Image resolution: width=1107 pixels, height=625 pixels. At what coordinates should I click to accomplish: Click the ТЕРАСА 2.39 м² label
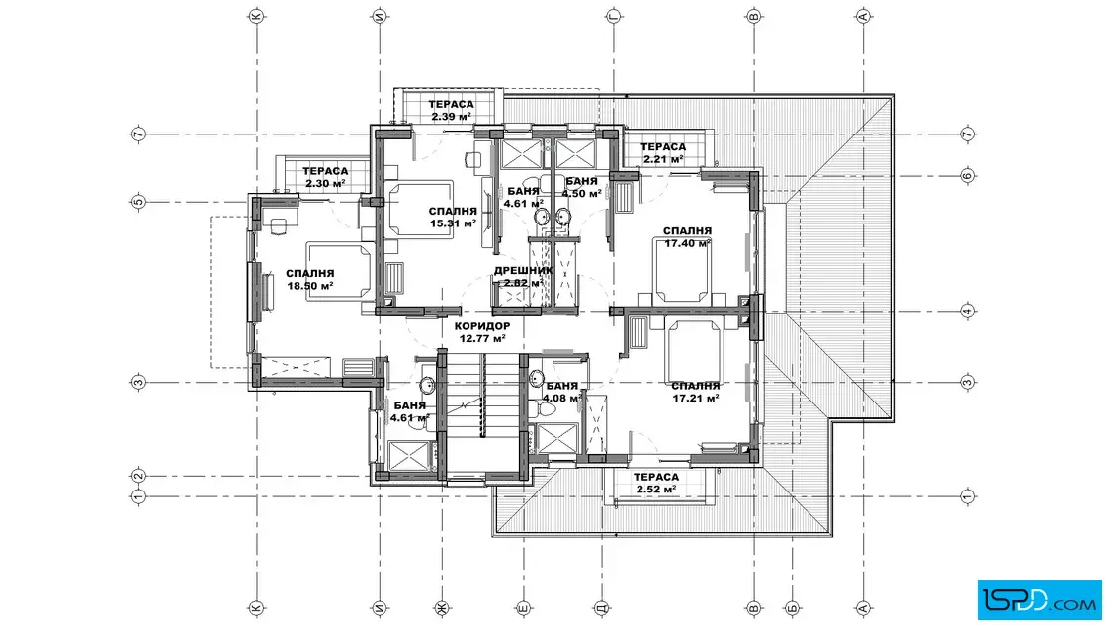point(451,110)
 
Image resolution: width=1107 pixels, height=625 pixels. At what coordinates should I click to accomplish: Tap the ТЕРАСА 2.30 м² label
point(325,177)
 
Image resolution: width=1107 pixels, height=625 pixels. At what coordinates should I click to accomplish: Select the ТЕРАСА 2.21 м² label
point(663,152)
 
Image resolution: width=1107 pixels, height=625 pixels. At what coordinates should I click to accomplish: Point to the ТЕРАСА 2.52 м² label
point(656,483)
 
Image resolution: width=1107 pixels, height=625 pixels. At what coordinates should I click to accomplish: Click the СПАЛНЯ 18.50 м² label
point(310,280)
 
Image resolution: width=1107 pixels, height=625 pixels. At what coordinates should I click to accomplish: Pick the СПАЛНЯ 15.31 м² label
point(453,217)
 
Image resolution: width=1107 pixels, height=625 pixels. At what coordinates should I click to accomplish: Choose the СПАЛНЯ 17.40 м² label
point(687,237)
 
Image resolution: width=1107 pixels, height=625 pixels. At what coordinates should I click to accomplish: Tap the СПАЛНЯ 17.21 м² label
point(696,392)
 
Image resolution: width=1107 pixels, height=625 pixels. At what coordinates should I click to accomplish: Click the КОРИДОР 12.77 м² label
point(482,332)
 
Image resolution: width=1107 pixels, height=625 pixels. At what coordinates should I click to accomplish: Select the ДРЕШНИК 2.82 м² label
point(523,277)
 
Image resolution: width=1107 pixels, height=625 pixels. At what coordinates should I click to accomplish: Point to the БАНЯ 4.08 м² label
point(562,392)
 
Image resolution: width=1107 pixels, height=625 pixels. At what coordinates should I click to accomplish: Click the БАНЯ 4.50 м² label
point(582,187)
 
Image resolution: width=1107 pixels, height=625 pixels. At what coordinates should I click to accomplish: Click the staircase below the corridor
point(482,409)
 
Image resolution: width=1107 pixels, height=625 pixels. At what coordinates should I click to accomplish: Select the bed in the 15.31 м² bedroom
point(419,210)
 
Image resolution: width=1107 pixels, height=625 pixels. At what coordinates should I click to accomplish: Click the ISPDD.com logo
point(1039,600)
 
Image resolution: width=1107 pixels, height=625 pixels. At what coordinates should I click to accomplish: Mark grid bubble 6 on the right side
point(968,175)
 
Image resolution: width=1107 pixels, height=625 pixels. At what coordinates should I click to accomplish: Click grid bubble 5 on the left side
point(139,202)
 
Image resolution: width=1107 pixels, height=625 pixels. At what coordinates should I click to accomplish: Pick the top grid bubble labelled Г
point(614,16)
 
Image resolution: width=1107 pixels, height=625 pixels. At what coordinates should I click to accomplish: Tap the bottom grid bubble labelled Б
point(792,607)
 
